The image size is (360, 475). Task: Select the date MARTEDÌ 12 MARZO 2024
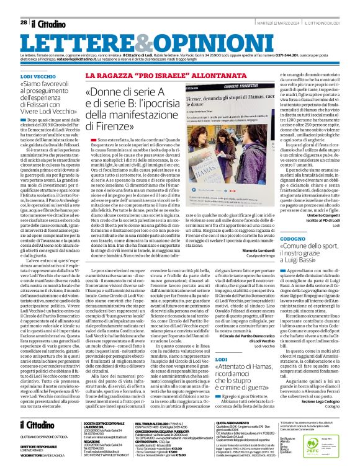pyautogui.click(x=262, y=23)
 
